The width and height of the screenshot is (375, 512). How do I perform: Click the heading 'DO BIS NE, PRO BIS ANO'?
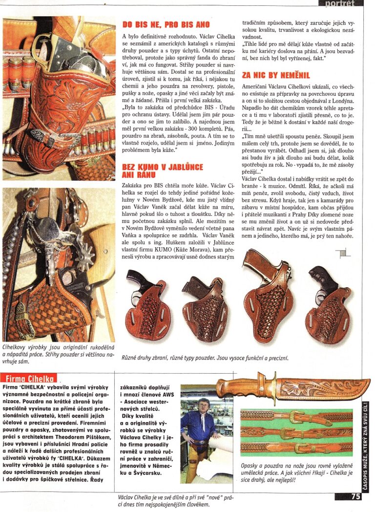coord(166,24)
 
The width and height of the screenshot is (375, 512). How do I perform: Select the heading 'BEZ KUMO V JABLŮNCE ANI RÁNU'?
coord(163,171)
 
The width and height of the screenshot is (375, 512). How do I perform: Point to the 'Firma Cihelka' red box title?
coord(29,378)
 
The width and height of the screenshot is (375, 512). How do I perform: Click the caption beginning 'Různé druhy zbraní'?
coord(205,358)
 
